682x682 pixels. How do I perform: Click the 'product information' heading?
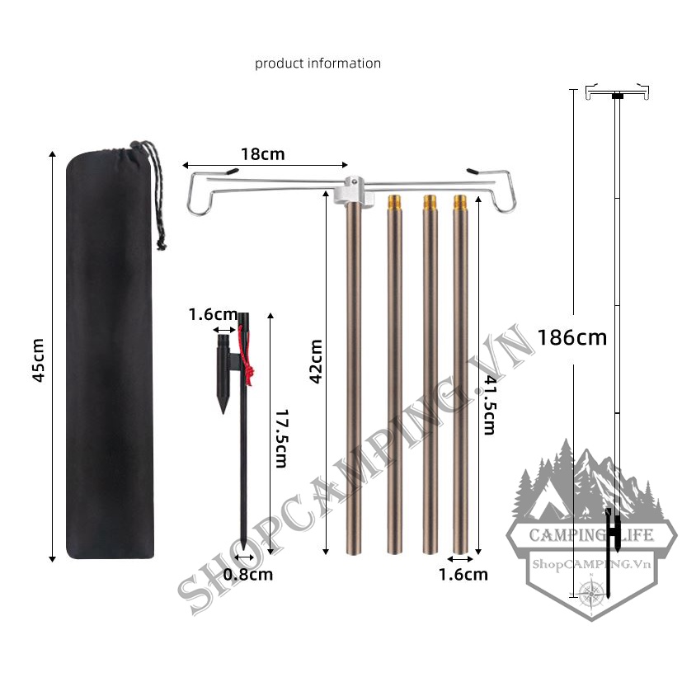click(x=317, y=63)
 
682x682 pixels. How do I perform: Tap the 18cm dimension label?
click(x=262, y=154)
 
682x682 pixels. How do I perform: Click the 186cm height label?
click(x=571, y=336)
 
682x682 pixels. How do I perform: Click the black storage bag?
click(x=109, y=355)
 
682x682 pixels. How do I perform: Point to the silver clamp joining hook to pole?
click(x=352, y=190)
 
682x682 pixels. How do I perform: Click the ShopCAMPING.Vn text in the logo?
click(x=581, y=563)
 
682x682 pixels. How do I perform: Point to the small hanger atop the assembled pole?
click(x=616, y=93)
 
